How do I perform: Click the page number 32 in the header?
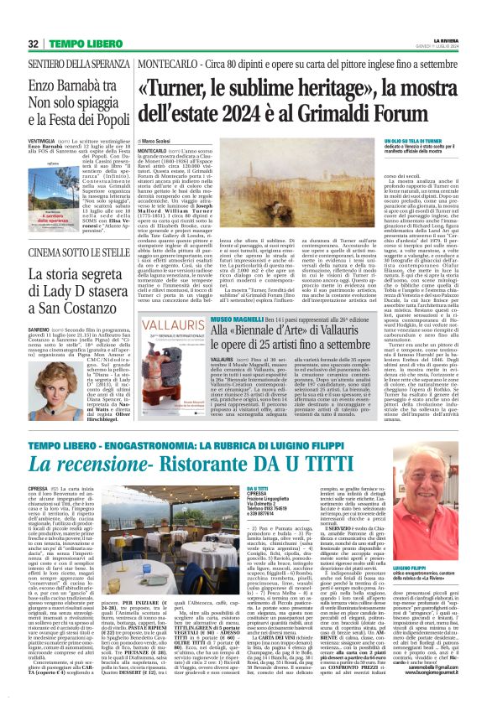click(x=33, y=43)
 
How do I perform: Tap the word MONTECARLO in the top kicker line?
click(x=161, y=64)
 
